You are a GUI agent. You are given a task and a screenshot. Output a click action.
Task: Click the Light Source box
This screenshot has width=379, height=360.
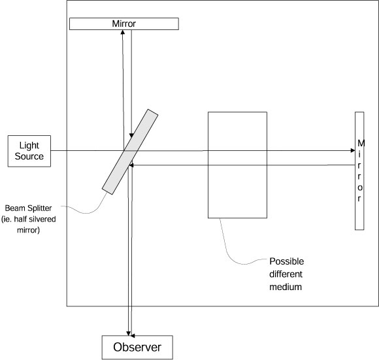30,151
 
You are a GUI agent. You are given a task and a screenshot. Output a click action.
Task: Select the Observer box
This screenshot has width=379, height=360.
137,346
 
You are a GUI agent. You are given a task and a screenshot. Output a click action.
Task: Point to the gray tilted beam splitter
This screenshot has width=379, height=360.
130,151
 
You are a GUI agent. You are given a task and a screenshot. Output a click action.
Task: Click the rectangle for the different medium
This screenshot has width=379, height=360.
237,165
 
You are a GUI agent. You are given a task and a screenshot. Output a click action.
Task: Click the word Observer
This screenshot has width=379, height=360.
137,346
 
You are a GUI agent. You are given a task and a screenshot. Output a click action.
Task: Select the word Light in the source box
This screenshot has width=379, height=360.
30,146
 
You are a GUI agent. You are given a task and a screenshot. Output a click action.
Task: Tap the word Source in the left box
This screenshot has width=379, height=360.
30,156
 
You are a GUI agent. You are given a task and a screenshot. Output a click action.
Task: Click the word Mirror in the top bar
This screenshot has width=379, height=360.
124,24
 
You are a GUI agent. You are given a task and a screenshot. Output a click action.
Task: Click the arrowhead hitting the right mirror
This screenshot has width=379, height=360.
352,151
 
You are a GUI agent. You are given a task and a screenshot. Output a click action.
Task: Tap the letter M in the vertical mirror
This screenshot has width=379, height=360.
359,143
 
